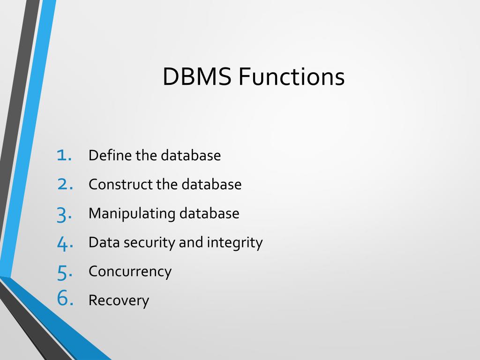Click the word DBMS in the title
197,77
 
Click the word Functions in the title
291,77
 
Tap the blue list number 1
63,155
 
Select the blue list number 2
64,184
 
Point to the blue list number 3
64,214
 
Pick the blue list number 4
64,243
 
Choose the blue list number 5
64,272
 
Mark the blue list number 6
64,299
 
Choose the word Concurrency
130,271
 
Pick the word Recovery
119,300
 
